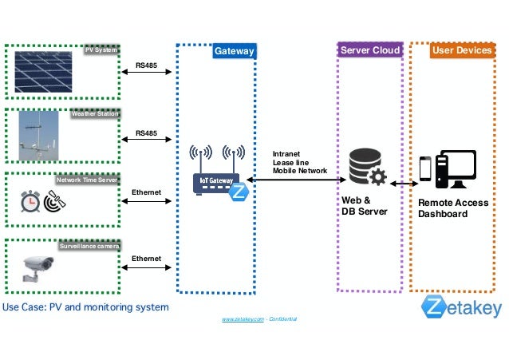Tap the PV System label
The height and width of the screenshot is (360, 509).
tap(101, 51)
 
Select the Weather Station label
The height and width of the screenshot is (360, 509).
tap(95, 114)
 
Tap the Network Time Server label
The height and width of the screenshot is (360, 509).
tap(87, 180)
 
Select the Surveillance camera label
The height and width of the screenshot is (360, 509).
tap(89, 247)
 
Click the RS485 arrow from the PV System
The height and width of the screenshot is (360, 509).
tap(146, 73)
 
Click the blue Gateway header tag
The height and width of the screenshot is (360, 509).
tap(234, 52)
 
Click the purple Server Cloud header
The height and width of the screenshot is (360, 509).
tap(369, 51)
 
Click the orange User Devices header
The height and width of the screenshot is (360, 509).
tap(461, 51)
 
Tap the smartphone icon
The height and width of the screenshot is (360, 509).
tap(425, 168)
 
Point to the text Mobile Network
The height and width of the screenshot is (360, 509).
tap(299, 171)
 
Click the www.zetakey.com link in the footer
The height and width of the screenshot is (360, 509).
tap(243, 318)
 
